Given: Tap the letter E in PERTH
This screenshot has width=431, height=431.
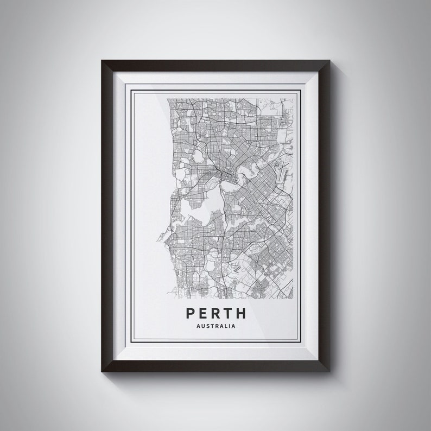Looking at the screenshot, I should (203, 313).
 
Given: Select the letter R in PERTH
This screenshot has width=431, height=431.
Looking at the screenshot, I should (215, 313).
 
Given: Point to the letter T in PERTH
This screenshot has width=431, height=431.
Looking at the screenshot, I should (228, 313).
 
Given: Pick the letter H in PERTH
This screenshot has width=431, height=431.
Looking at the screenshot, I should (241, 313).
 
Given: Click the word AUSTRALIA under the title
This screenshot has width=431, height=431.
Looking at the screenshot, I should (215, 327).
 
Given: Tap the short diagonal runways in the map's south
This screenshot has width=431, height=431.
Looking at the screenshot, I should (237, 267).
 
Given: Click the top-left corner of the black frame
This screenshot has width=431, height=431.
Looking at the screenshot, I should (103, 61).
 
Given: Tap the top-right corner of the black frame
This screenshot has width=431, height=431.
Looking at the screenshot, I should (328, 61).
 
